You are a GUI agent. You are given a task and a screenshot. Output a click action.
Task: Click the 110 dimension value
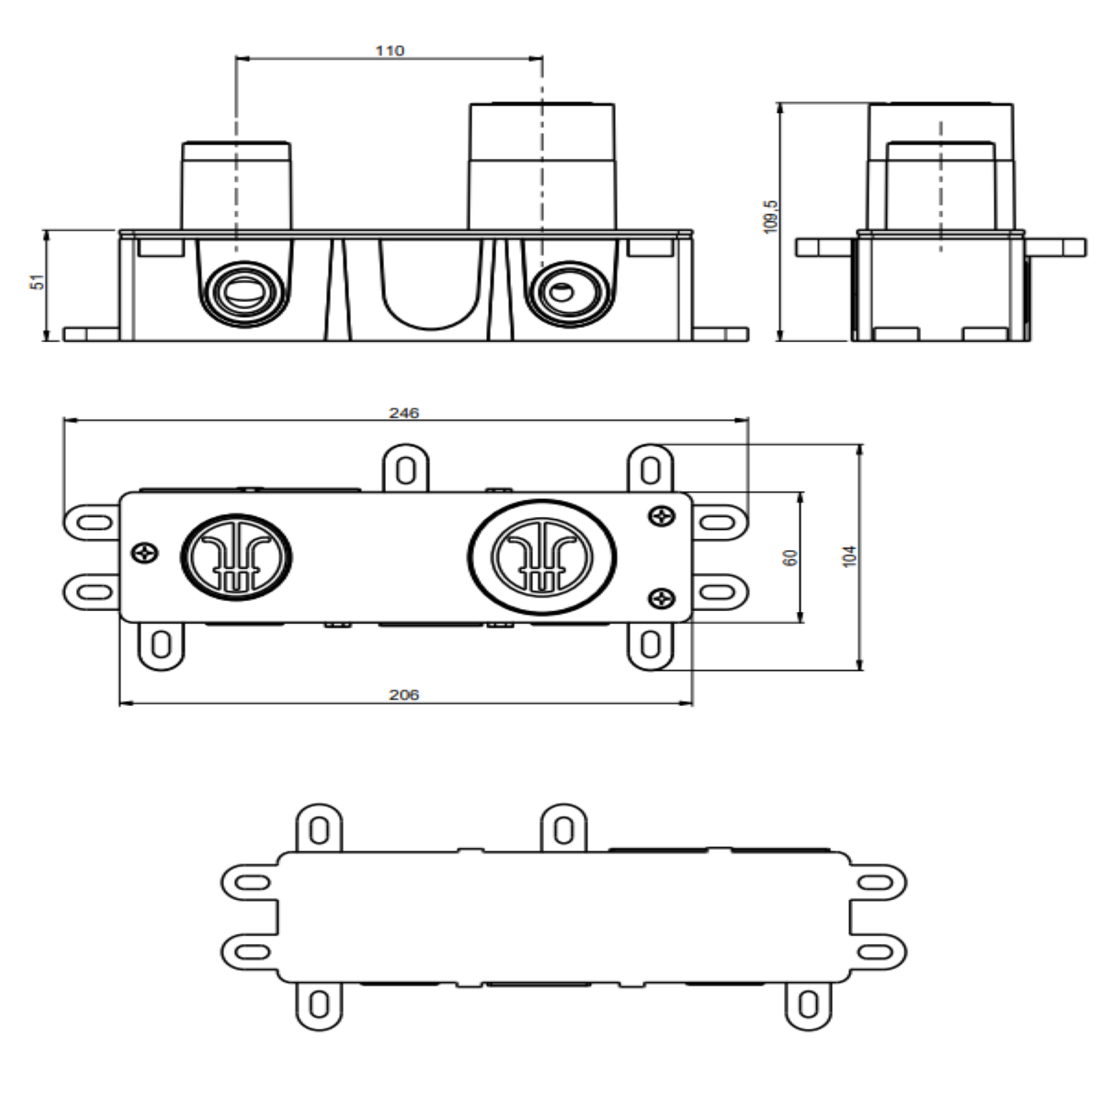click(390, 50)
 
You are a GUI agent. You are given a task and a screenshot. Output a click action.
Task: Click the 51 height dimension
click(38, 282)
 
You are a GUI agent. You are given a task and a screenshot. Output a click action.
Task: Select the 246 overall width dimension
click(403, 413)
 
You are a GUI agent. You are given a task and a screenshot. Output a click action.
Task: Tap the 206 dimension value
click(403, 694)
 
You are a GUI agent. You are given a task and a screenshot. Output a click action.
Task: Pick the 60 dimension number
click(791, 557)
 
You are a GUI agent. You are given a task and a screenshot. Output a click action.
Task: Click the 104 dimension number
click(850, 557)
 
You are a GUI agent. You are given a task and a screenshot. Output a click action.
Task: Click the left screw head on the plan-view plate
click(145, 553)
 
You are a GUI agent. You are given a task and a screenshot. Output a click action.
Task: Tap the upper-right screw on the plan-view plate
click(662, 516)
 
